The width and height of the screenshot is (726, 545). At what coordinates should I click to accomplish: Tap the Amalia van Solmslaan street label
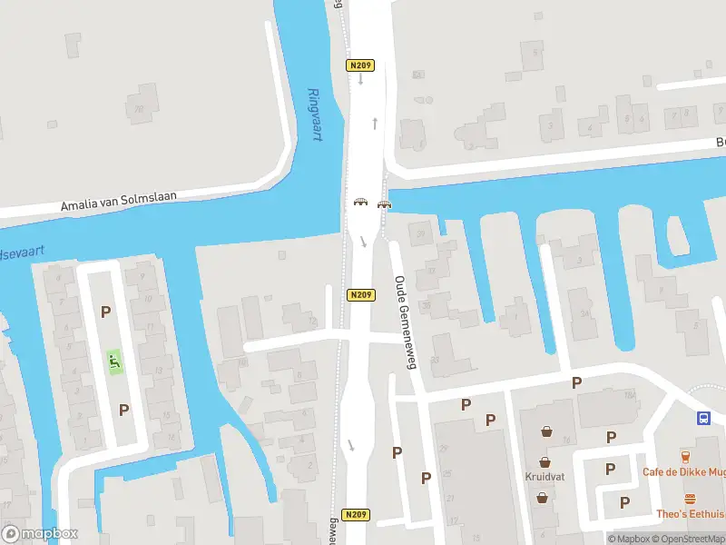coord(119,201)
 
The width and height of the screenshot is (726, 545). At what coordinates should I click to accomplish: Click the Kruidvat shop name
coord(544,475)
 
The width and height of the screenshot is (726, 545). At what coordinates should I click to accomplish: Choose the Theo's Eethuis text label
coord(691,513)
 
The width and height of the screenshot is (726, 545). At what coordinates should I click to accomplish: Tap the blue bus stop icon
coord(703,418)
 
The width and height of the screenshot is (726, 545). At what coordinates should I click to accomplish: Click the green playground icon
coord(114,362)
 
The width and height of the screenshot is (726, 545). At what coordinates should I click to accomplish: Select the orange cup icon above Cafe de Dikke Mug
coord(686,455)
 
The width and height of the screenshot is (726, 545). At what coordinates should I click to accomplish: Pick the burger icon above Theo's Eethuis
coord(691,498)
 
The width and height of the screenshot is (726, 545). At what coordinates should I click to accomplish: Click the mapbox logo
coord(40,533)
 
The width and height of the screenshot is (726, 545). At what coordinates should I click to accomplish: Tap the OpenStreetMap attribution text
coord(688,539)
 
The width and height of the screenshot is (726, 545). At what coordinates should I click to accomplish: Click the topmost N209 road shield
coord(360,65)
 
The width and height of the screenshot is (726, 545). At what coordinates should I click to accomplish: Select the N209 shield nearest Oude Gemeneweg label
coord(360,295)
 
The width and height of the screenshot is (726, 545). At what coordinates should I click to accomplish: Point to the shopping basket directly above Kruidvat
coord(544,461)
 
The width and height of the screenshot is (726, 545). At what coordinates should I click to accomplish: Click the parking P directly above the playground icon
coord(106,312)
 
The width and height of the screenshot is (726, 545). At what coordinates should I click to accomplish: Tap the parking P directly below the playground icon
coord(123,410)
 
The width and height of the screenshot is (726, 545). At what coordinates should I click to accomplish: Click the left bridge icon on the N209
coord(360,203)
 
